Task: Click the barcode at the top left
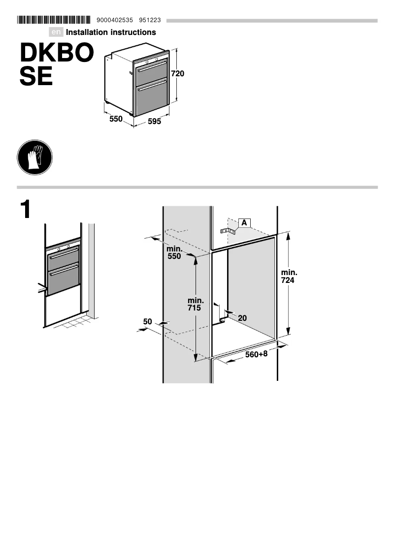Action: [x=54, y=20]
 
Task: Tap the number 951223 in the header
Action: [x=150, y=20]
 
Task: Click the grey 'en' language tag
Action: [x=57, y=32]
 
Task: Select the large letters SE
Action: [x=36, y=76]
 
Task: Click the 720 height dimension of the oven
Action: [x=177, y=74]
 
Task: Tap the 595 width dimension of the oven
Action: [x=154, y=122]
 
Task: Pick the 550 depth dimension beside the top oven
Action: [x=116, y=119]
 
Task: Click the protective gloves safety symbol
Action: [x=34, y=157]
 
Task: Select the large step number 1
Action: [x=26, y=210]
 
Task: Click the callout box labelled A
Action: [x=244, y=222]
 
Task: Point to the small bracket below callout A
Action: [x=228, y=230]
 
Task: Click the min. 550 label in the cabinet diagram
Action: [x=174, y=252]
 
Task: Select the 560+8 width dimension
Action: [x=256, y=354]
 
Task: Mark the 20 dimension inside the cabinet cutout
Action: [x=242, y=318]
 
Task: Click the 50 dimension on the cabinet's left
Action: [x=147, y=322]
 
